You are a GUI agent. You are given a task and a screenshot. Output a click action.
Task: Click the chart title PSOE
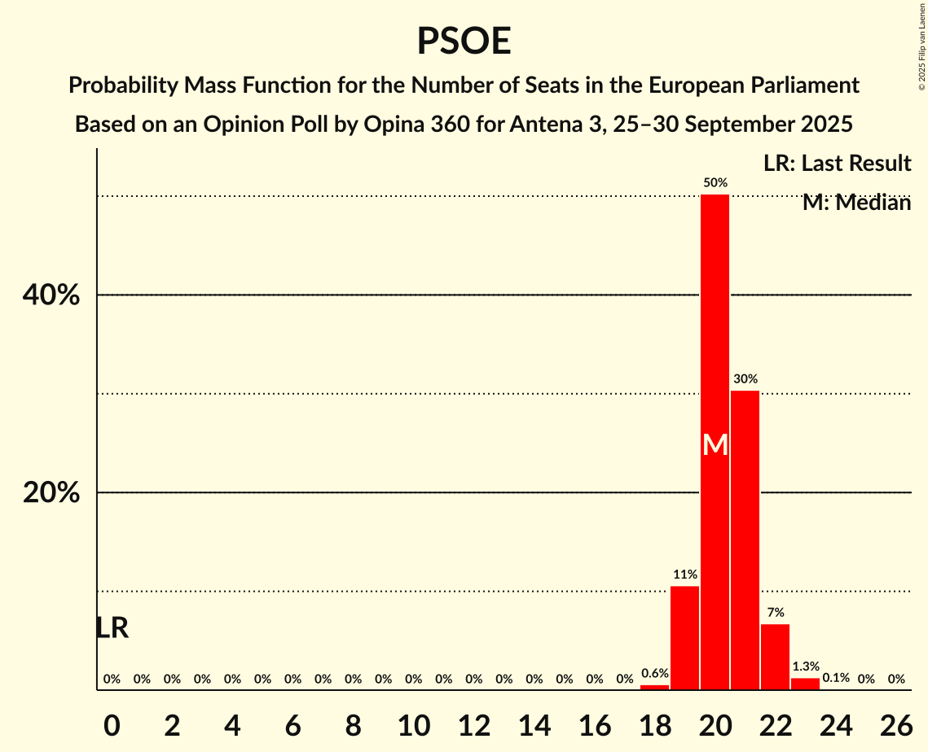coord(464,41)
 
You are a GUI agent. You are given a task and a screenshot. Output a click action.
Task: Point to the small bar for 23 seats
coord(805,684)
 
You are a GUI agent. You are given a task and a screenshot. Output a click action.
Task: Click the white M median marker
coord(715,444)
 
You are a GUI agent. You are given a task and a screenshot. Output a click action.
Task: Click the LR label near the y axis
coord(112,627)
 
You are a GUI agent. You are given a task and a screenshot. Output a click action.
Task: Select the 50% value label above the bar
coord(715,183)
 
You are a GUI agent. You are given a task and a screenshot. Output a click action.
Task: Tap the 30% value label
coord(745,378)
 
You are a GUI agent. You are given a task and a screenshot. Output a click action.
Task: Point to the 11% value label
coord(684,575)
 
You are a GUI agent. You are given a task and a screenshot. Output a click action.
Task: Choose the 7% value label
coord(775,612)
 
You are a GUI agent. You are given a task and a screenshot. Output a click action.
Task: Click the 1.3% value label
coord(805,667)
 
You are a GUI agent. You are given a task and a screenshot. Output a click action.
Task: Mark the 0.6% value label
coord(654,673)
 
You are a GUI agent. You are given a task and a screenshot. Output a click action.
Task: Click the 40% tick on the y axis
coord(51,295)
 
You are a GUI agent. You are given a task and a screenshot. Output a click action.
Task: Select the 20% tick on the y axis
coord(51,493)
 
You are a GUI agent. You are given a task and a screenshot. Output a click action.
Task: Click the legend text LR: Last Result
coord(837,164)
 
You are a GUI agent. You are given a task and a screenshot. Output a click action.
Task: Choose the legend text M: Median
coord(856,203)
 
